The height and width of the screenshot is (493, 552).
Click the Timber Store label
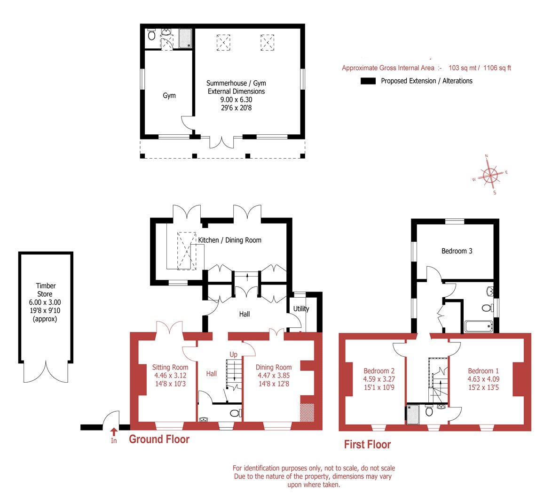tap(46, 290)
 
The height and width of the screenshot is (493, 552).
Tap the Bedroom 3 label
tap(457, 251)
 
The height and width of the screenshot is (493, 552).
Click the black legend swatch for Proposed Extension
tap(368, 81)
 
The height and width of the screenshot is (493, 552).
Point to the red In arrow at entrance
tap(113, 432)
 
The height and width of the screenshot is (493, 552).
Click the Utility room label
tap(301, 309)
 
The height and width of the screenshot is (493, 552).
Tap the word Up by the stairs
tap(233, 354)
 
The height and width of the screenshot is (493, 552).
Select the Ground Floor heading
tap(159, 439)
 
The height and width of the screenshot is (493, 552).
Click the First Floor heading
tap(367, 445)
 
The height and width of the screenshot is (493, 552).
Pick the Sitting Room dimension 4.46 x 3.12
tap(170, 376)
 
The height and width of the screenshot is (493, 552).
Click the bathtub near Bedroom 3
tap(479, 326)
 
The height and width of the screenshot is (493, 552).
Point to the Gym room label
tap(169, 96)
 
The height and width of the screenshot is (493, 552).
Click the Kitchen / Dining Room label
tap(229, 240)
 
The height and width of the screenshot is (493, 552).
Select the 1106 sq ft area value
tap(497, 68)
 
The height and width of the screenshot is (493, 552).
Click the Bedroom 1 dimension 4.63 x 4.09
tap(483, 379)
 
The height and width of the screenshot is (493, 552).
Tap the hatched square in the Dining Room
tap(307, 412)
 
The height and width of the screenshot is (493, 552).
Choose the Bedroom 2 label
tap(379, 371)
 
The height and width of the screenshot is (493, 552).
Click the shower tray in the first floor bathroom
tap(413, 415)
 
